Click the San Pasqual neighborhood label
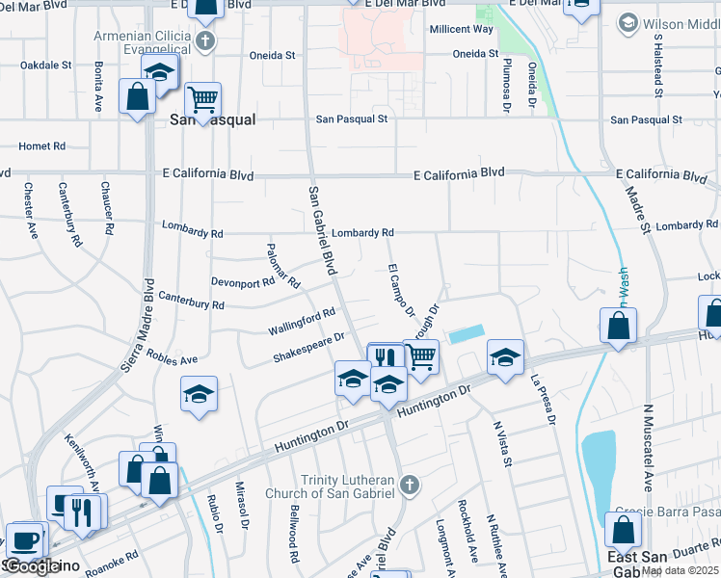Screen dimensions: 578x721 pos(212,119)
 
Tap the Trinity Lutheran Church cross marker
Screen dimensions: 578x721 pos(410,484)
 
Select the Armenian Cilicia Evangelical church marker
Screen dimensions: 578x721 pos(204,40)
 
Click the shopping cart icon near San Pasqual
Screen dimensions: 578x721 pos(202,97)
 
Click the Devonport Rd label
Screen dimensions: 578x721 pos(243,283)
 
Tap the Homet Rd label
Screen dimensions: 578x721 pos(41,146)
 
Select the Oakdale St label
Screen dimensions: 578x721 pos(46,66)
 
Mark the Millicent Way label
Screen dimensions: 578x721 pos(462,29)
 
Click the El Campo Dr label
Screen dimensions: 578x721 pos(400,290)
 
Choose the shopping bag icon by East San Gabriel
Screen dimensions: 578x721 pos(623,529)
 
